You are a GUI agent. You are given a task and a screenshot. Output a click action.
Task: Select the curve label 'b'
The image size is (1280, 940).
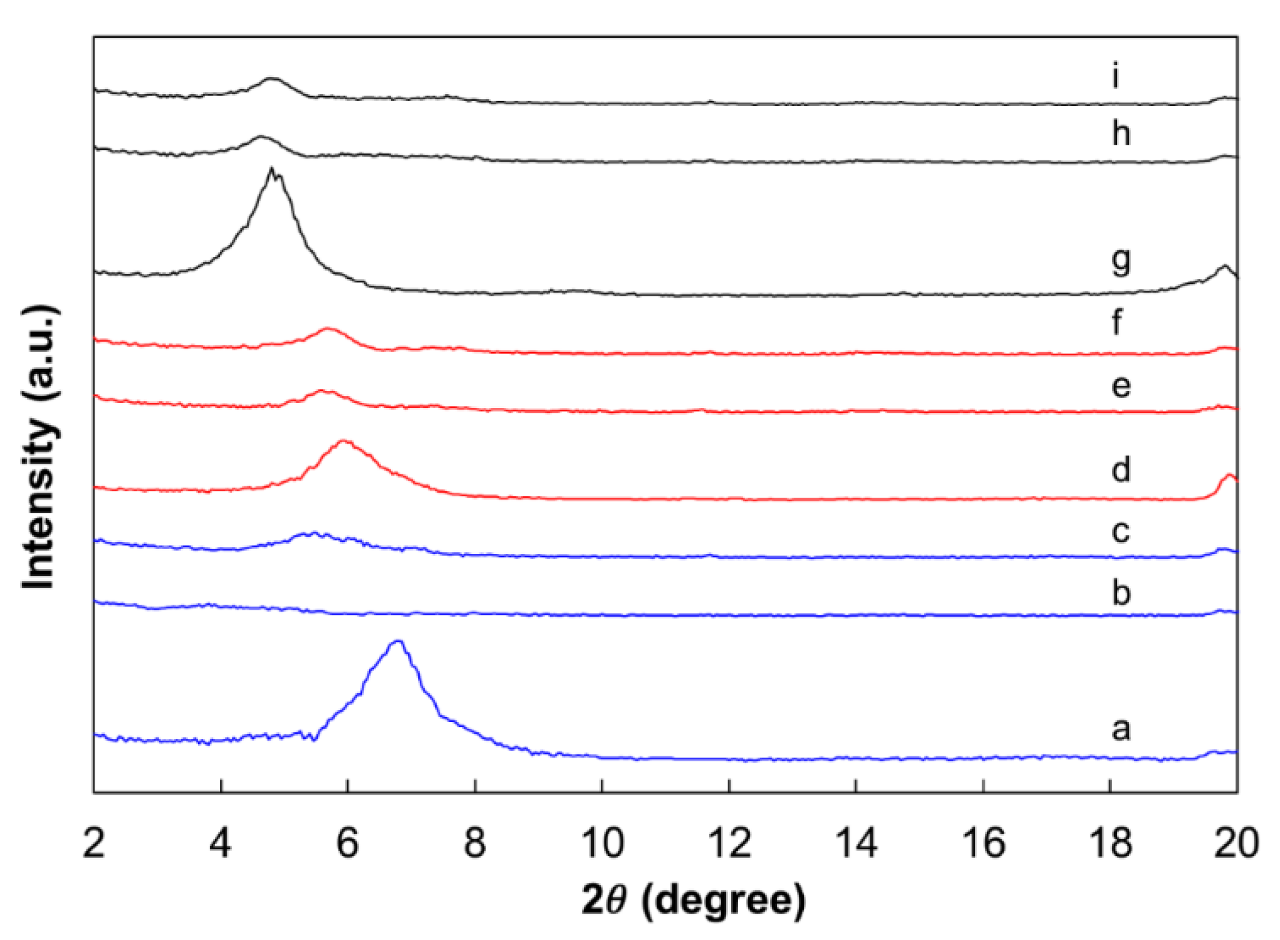pos(1121,592)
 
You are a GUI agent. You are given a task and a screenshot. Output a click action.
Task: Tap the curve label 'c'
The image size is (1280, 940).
pos(1121,531)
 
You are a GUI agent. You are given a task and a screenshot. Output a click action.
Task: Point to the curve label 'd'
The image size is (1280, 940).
pos(1121,469)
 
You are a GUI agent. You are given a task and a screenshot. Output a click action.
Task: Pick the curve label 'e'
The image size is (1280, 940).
pos(1121,385)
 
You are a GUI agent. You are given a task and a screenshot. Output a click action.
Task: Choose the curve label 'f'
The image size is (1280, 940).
pos(1117,322)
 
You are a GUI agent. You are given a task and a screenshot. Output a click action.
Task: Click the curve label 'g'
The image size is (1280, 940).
pos(1121,261)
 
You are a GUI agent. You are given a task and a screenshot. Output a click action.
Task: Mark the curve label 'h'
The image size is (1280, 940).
pos(1121,133)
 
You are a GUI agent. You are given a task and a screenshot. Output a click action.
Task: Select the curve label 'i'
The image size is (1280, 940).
pos(1115,76)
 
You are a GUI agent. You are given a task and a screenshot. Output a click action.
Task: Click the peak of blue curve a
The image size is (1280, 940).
pos(398,641)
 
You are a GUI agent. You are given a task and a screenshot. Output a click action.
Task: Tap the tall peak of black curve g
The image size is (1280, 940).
pos(271,169)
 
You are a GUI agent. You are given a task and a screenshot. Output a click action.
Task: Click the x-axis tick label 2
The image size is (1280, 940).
pos(94,843)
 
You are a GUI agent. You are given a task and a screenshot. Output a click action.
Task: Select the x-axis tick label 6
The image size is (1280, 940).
pos(348,843)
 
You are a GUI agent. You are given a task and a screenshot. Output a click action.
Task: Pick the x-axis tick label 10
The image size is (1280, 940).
pos(602,843)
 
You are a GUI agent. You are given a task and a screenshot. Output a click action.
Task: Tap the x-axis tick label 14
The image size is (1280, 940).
pos(856,843)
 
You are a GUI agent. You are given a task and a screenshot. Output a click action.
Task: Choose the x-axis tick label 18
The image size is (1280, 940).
pos(1110,843)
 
